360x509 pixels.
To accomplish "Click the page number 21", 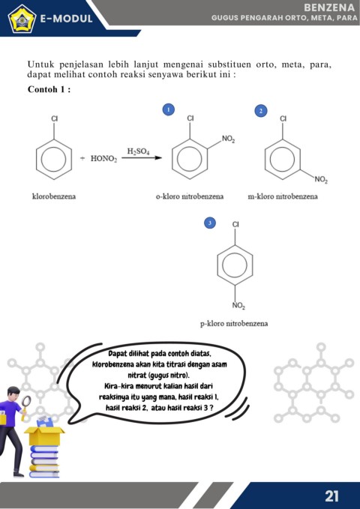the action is click(331, 496).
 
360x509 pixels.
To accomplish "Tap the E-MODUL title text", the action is click(66, 19).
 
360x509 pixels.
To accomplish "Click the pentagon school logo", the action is click(22, 19).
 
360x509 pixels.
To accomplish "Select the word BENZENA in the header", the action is click(329, 7).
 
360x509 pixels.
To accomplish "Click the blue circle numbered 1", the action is click(168, 109).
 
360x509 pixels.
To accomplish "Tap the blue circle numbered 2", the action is click(260, 111).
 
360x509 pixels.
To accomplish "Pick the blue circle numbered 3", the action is click(210, 223).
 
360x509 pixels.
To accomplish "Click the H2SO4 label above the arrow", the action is click(138, 151).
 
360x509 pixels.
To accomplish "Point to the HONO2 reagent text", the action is click(103, 159).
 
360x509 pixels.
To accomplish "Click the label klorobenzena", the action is click(54, 196).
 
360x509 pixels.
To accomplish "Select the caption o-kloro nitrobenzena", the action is click(190, 196).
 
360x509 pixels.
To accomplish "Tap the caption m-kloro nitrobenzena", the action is click(283, 196).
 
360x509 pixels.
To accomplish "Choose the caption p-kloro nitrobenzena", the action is click(234, 324).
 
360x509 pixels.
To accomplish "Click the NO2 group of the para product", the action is click(238, 305).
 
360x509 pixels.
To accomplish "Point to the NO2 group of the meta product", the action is click(321, 180).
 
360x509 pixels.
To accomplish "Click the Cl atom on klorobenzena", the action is click(54, 118).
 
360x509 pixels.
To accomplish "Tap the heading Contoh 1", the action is click(49, 89).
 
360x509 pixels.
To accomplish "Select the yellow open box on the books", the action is click(44, 436).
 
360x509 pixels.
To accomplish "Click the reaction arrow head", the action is click(158, 158).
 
